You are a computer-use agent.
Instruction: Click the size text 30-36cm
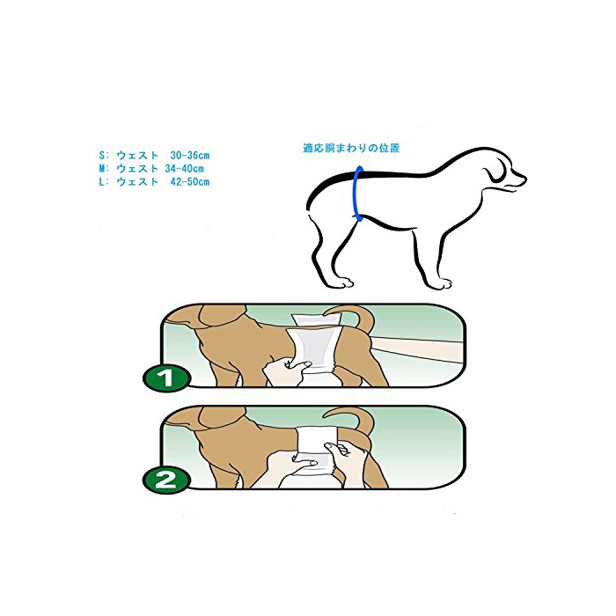(190, 155)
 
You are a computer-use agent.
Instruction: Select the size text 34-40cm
(184, 169)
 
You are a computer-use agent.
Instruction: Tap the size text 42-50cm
(190, 182)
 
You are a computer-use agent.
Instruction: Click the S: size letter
(104, 155)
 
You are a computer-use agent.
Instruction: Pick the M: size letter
(104, 169)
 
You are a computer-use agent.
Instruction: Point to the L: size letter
(104, 182)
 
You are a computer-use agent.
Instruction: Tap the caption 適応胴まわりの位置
(351, 148)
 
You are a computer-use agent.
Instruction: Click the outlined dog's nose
(524, 180)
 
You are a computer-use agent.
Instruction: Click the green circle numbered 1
(166, 378)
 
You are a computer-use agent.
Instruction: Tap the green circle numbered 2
(166, 480)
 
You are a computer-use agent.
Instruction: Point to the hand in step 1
(287, 373)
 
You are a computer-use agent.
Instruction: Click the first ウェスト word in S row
(137, 155)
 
